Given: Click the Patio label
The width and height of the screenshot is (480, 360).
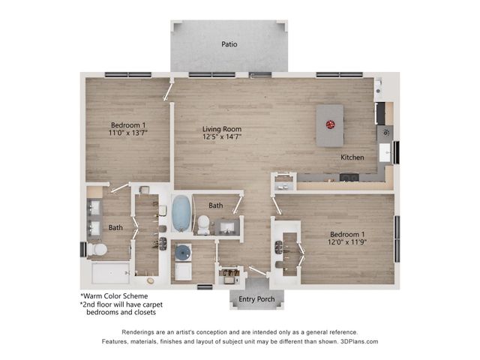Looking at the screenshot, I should (229, 44).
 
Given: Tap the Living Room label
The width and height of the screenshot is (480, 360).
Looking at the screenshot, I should (221, 129).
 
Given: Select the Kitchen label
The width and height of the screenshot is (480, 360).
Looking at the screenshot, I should (352, 157).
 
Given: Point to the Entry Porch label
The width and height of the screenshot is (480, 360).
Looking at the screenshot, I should (256, 300).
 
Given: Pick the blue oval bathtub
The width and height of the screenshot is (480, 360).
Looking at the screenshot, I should (181, 214).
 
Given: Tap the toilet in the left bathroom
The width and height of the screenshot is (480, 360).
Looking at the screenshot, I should (97, 250).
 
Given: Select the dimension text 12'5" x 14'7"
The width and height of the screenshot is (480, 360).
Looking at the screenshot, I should (221, 138).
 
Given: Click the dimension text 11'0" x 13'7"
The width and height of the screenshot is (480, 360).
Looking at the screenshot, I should (128, 133).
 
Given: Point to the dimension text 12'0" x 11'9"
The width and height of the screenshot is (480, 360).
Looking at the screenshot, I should (346, 241).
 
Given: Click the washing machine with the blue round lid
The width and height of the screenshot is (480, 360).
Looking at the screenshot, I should (183, 253).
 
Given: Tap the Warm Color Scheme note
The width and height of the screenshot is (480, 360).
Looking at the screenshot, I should (114, 295).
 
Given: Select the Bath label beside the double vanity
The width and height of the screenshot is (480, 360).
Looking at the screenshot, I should (115, 227).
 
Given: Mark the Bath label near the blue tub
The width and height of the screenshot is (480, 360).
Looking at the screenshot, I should (216, 205).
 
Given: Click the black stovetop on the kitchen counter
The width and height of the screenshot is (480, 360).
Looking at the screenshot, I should (349, 177).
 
